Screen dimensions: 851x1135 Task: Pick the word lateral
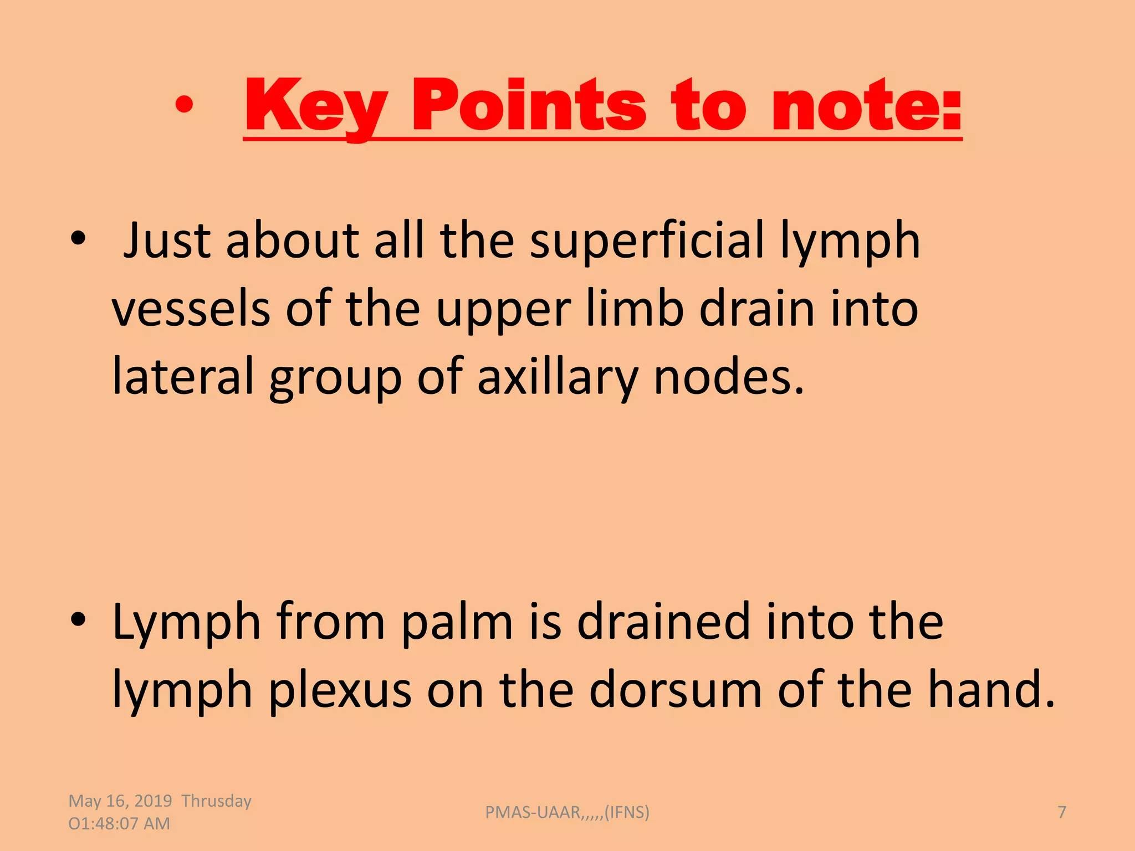[x=183, y=376]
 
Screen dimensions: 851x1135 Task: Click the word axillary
[x=558, y=376]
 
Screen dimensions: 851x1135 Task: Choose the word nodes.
[x=729, y=376]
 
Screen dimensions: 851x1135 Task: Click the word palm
[x=457, y=622]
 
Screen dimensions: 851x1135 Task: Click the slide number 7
[x=1062, y=812]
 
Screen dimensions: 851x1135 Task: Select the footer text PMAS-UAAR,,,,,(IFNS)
[x=567, y=812]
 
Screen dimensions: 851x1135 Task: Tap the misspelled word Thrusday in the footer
[x=216, y=801]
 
